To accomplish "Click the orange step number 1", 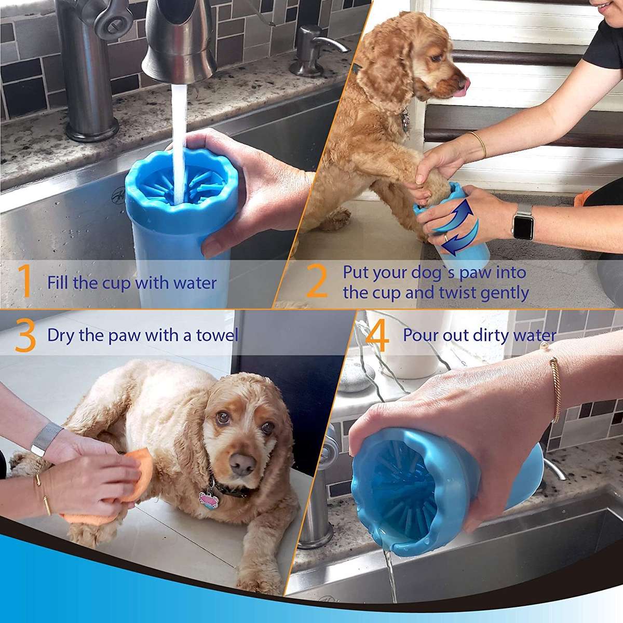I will [25, 282].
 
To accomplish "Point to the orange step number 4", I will [377, 336].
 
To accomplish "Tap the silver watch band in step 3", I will [45, 438].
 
